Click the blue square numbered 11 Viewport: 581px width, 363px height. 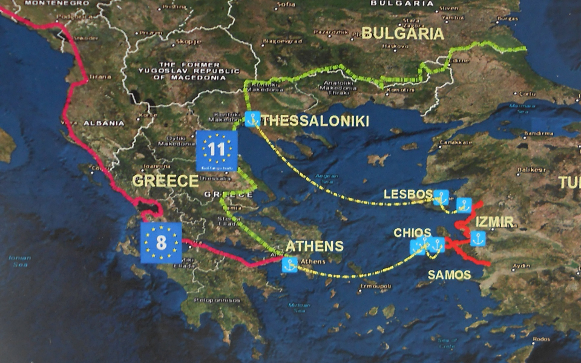click(217, 151)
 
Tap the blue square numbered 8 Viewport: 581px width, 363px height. click(161, 243)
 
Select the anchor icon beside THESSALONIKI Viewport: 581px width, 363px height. click(253, 119)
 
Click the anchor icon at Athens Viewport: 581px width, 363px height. click(290, 264)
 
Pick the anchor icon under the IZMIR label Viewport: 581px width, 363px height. click(478, 238)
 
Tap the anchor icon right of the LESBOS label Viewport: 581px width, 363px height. click(442, 197)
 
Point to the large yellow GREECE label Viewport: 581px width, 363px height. click(165, 181)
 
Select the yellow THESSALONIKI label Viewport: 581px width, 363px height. click(315, 121)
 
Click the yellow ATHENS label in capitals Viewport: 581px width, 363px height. click(314, 246)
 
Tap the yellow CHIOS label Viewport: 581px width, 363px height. click(412, 232)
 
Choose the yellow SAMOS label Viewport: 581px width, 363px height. click(449, 275)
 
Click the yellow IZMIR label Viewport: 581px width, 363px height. click(494, 222)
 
